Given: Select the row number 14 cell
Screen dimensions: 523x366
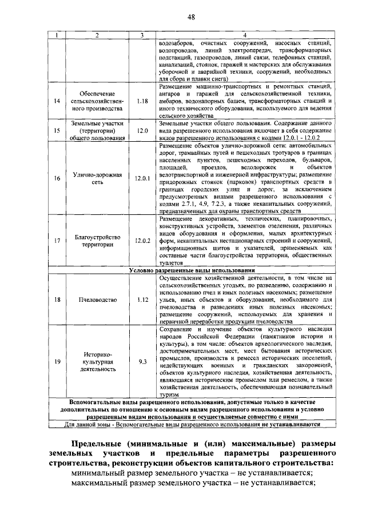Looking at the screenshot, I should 57,101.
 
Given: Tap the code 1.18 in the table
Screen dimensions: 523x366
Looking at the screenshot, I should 142,101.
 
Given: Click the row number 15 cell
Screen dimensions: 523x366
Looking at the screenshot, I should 57,130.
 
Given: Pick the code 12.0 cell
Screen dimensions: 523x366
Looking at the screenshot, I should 142,130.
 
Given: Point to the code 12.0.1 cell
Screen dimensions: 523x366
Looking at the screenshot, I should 142,178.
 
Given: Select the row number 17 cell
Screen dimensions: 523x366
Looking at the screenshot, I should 57,241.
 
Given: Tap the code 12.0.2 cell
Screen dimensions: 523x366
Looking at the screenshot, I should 142,241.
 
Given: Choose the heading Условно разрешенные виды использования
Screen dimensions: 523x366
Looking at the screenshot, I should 191,270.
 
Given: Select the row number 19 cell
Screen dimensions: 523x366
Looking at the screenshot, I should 57,362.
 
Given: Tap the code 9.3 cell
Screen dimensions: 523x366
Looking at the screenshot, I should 142,362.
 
